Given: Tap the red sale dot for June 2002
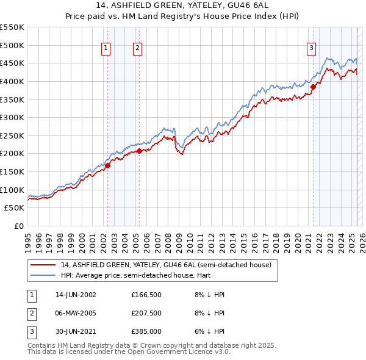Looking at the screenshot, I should (107, 165).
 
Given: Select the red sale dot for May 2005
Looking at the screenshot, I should (139, 150).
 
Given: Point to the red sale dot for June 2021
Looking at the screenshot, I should (314, 87).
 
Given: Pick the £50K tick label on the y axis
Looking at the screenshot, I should (15, 208).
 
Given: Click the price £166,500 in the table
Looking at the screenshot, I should (145, 295).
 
